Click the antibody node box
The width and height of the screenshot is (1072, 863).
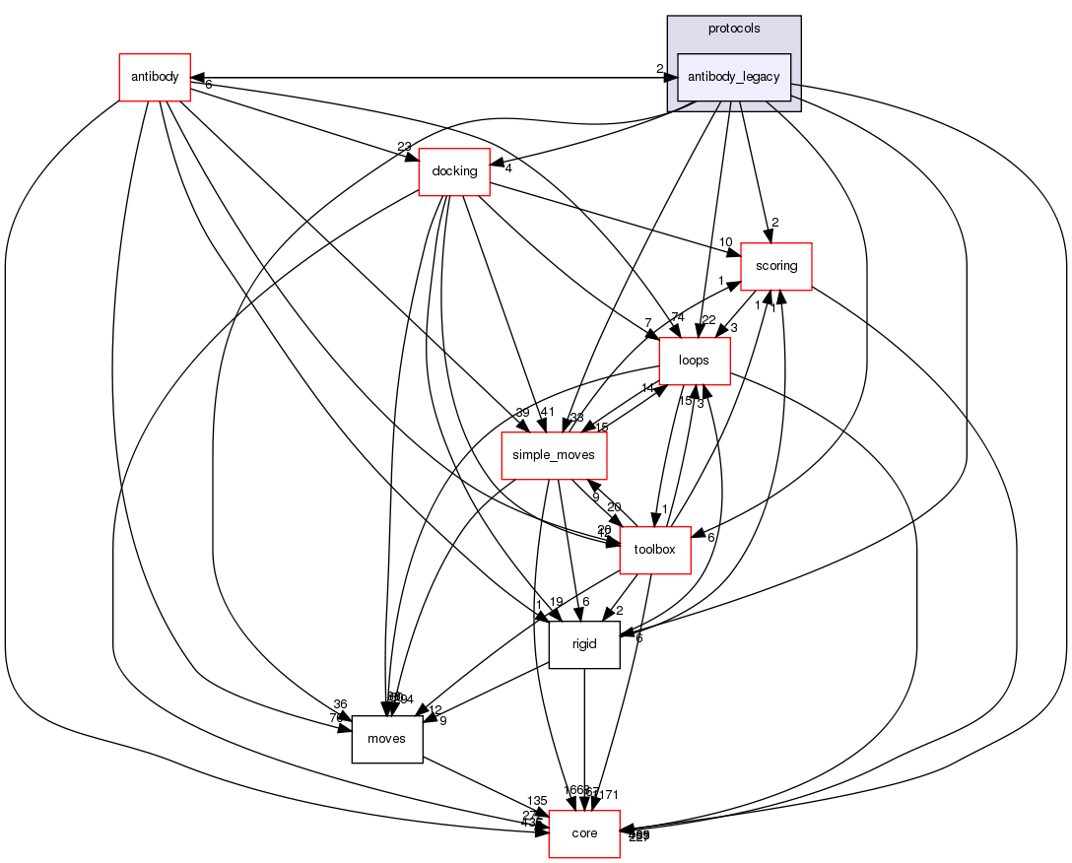tap(154, 77)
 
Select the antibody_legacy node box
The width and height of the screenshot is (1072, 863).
tap(734, 77)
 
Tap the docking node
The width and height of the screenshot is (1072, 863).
tap(454, 171)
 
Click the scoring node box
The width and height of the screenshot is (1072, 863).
tap(775, 266)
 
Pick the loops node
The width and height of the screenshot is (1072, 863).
tap(694, 361)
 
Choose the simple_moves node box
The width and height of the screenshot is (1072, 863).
tap(554, 455)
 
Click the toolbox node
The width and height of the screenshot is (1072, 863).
tap(654, 550)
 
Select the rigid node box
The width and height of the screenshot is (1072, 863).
tap(584, 644)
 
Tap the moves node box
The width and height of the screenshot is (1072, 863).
tap(386, 739)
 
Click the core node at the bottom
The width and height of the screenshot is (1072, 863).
tap(584, 833)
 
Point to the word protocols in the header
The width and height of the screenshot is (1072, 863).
tap(734, 29)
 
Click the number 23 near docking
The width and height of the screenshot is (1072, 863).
tap(404, 148)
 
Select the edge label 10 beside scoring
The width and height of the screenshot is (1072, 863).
tap(725, 242)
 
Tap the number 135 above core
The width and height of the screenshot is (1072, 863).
tap(537, 801)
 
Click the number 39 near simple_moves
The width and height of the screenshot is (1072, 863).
tap(522, 412)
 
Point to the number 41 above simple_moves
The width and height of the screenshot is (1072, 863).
tap(548, 412)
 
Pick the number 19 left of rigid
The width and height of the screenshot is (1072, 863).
tap(557, 602)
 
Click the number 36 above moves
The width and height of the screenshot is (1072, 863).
tap(340, 704)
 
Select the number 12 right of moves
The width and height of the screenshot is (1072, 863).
tap(435, 709)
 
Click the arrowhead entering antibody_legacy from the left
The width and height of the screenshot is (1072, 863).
tap(670, 77)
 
